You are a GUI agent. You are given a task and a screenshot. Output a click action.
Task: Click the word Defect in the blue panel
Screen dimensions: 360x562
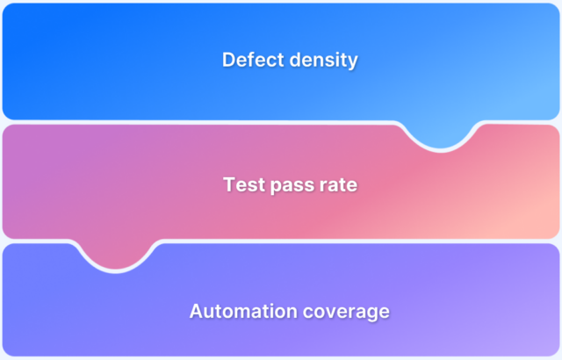pyautogui.click(x=249, y=61)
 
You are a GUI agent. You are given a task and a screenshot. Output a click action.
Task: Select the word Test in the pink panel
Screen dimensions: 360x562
pyautogui.click(x=241, y=185)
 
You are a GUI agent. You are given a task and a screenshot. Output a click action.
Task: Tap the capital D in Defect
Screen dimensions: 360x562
pyautogui.click(x=228, y=61)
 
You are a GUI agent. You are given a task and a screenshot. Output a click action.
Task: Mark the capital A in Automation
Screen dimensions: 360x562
pyautogui.click(x=196, y=311)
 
